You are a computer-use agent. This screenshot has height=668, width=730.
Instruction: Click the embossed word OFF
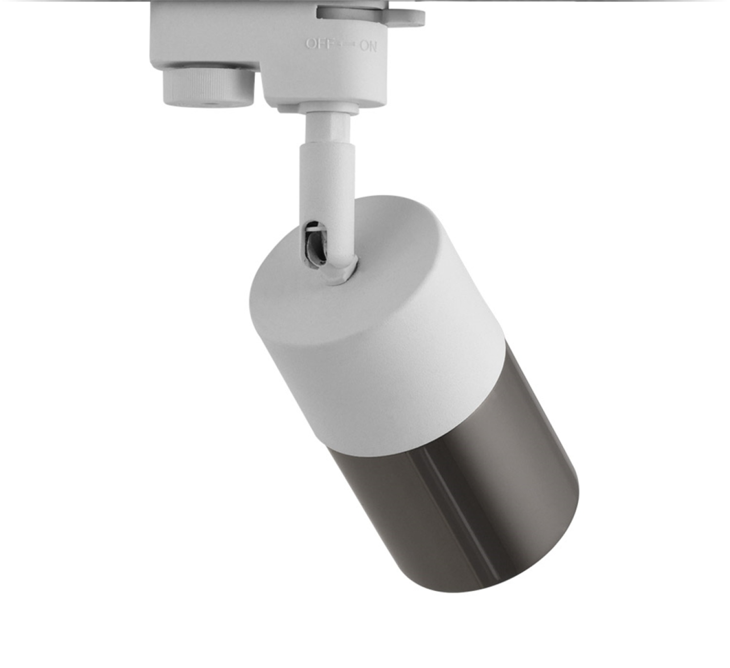pyautogui.click(x=320, y=44)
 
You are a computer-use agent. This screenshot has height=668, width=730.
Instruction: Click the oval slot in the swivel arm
pyautogui.click(x=315, y=245)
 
